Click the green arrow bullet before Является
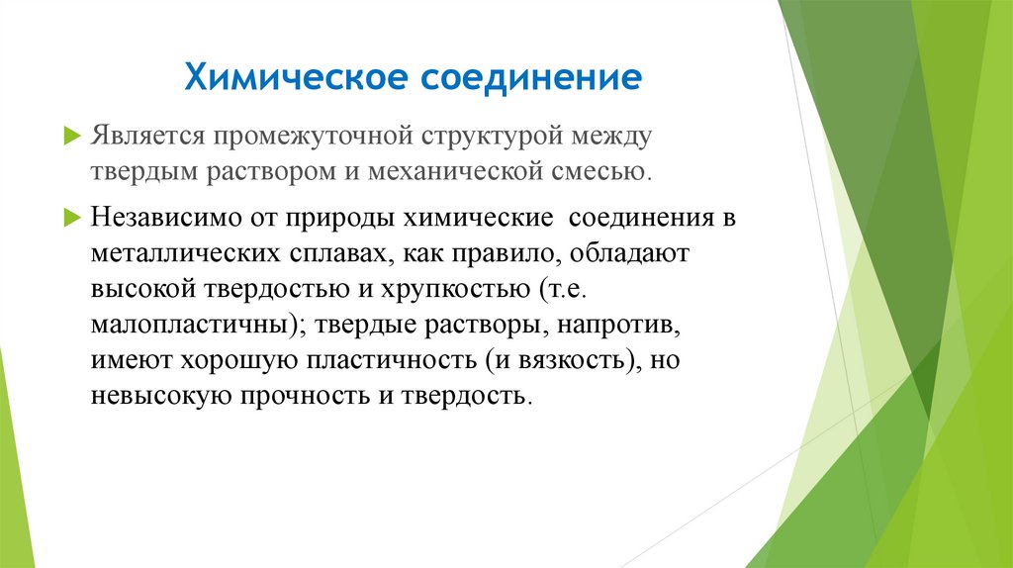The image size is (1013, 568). point(70,133)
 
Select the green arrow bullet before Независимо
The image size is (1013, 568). point(70,217)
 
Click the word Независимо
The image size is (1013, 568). point(174,218)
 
